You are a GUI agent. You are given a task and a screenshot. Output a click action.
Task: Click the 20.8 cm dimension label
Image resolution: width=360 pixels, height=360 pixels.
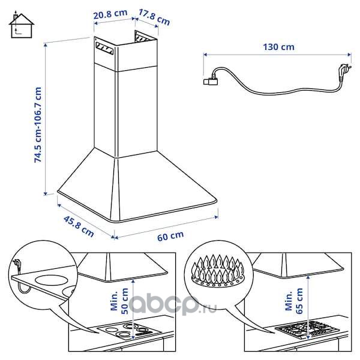click(110, 14)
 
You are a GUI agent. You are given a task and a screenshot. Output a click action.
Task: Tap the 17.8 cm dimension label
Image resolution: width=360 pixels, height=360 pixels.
click(154, 17)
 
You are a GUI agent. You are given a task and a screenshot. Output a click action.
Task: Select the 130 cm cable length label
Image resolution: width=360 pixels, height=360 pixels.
click(278, 47)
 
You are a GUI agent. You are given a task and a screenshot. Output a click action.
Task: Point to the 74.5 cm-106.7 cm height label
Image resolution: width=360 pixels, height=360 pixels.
click(38, 125)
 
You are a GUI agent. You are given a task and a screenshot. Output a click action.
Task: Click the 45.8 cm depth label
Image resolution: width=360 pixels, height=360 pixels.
click(79, 226)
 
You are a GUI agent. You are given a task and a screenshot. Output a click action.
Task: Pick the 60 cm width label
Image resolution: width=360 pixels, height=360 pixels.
click(170, 236)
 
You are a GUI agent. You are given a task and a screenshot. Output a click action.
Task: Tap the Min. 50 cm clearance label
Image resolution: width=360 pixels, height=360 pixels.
click(119, 301)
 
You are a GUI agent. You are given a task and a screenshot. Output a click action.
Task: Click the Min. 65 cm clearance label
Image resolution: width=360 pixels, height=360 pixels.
click(294, 301)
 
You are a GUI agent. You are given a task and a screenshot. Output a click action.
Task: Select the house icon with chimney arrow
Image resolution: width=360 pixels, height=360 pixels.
click(22, 24)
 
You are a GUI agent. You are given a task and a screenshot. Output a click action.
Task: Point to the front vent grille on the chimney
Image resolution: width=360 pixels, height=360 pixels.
click(104, 49)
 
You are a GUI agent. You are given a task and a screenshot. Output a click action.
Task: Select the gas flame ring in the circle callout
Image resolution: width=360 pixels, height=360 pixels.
click(218, 272)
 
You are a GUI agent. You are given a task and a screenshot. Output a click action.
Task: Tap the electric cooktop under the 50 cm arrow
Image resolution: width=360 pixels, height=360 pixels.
click(129, 331)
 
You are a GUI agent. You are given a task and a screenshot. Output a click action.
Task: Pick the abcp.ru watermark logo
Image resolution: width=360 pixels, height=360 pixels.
click(173, 304)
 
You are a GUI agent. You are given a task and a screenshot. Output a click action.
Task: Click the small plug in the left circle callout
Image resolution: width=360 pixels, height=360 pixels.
click(17, 265)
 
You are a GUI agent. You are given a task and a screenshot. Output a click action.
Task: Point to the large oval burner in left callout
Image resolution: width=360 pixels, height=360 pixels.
click(52, 281)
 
